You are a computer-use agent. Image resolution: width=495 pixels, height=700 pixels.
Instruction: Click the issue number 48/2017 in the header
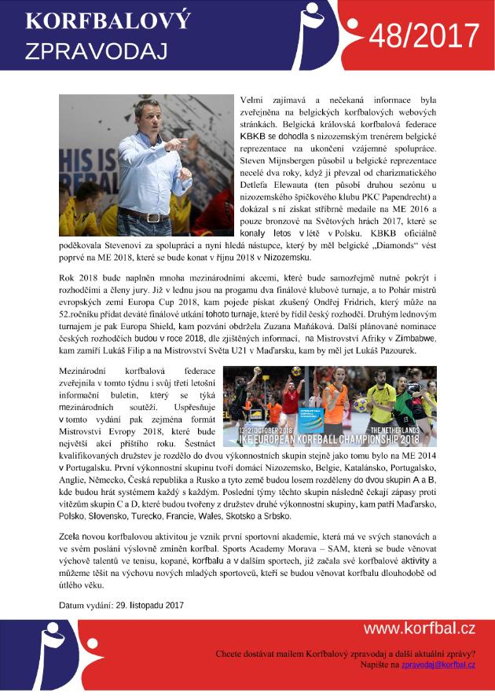[423, 36]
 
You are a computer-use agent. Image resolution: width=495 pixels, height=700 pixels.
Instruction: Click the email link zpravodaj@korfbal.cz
[438, 665]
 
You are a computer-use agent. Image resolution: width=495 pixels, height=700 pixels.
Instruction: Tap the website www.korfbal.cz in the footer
[419, 628]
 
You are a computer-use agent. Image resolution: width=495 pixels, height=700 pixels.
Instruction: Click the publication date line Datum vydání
[121, 605]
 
